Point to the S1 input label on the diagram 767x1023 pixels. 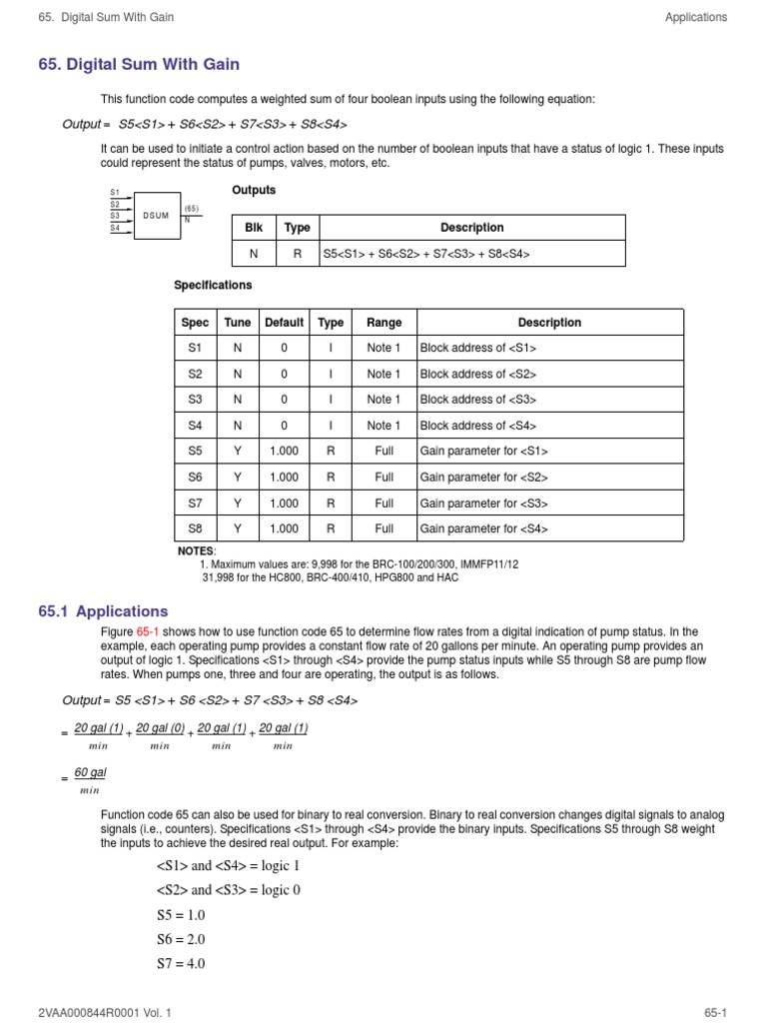click(x=115, y=192)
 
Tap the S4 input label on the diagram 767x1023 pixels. click(x=115, y=228)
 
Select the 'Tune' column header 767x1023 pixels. click(x=238, y=323)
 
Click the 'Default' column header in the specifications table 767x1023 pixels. click(x=284, y=323)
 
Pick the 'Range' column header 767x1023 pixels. click(x=384, y=323)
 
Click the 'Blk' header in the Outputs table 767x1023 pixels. click(x=254, y=228)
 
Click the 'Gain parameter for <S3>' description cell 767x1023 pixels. click(x=483, y=504)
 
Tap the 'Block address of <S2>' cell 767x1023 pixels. click(x=478, y=374)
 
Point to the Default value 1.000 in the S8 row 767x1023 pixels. click(x=284, y=529)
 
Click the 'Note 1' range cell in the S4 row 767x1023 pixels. click(x=384, y=426)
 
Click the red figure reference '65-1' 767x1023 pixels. click(x=148, y=632)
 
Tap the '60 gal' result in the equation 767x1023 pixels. click(x=90, y=772)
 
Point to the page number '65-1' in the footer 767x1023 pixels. click(x=714, y=1012)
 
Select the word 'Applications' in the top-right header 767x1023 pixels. click(x=695, y=17)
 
